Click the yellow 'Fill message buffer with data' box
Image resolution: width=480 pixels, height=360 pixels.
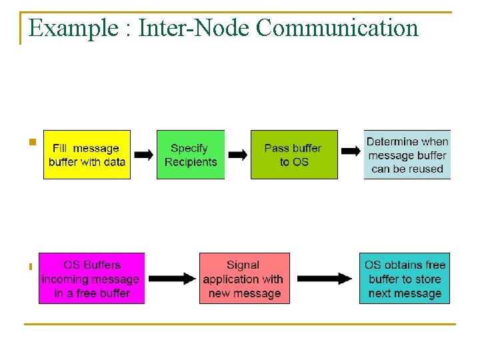click(87, 155)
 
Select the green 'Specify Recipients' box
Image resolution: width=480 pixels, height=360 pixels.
click(191, 155)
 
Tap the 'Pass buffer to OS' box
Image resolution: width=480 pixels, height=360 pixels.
click(293, 155)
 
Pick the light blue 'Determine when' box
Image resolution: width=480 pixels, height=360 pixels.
click(407, 155)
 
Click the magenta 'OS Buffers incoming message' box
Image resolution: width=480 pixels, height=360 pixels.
click(91, 279)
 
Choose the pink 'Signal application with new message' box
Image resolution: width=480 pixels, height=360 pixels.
click(245, 279)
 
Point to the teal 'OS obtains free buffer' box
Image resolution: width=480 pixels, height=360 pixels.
click(405, 279)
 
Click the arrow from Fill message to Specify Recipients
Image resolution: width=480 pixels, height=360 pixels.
click(143, 155)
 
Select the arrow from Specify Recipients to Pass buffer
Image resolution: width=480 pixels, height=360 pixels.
click(237, 155)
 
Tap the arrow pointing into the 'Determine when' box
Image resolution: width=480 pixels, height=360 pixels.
click(351, 151)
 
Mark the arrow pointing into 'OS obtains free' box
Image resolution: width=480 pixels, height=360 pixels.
click(325, 278)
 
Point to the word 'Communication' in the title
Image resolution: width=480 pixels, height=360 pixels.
click(337, 28)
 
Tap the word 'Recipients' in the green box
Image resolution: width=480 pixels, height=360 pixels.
click(191, 162)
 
